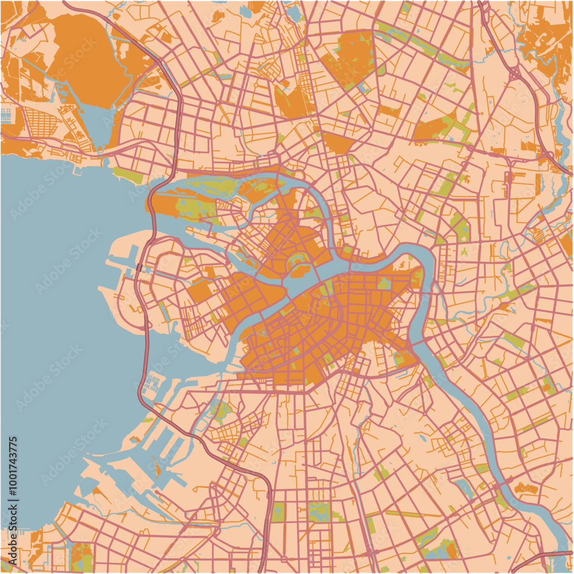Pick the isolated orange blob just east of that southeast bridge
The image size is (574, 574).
click(x=525, y=488)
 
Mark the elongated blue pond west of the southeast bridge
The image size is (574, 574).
click(x=465, y=488)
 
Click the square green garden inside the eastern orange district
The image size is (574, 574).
click(x=383, y=283)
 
